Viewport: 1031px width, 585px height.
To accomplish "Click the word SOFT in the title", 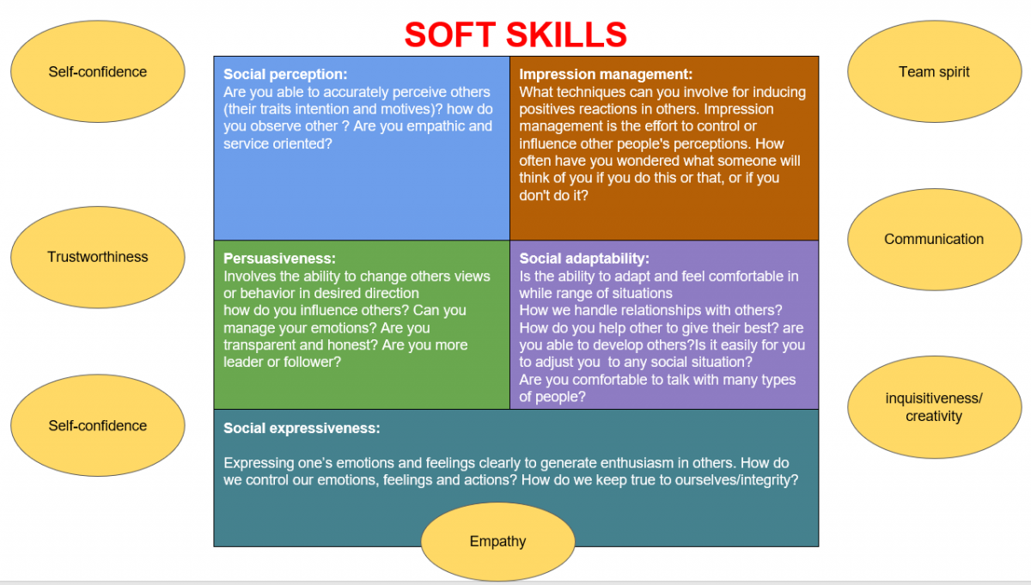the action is coord(449,34).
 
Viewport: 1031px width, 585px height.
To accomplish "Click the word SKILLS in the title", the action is coord(566,34).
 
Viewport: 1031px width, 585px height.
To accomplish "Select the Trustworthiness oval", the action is coord(98,257).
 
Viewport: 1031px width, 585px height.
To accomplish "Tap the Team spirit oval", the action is coord(934,71).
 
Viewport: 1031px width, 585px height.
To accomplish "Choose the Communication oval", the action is coord(934,240).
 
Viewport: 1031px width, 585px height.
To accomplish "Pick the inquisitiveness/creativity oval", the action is coord(934,407).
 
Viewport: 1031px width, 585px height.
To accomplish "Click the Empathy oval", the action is coord(497,541).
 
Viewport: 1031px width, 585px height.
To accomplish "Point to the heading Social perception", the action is coord(285,74).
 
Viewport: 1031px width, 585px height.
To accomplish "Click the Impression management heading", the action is coord(606,74).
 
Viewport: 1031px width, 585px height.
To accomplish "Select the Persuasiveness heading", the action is coord(279,259).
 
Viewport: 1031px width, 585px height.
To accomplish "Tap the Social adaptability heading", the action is coord(584,259).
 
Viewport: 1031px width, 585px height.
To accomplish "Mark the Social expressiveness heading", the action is coord(302,428).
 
